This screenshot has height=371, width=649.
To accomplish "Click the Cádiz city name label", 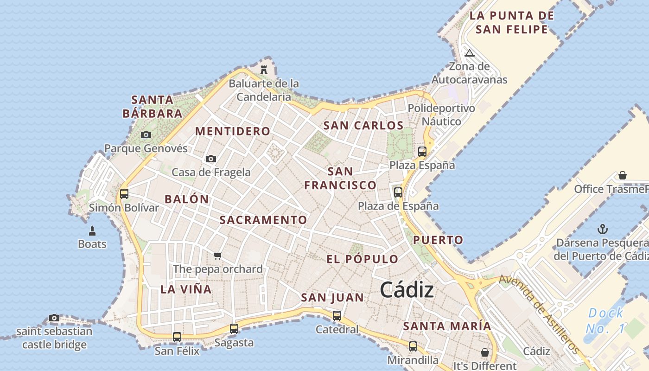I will click(x=407, y=290).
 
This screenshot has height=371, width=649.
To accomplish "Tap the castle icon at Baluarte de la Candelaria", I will click(x=264, y=70).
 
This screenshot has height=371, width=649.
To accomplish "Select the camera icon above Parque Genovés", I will click(x=146, y=135).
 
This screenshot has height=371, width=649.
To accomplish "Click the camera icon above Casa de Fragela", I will click(x=211, y=159).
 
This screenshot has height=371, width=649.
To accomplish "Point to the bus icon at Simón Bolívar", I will click(x=124, y=194).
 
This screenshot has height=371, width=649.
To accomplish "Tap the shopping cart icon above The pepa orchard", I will click(x=218, y=256).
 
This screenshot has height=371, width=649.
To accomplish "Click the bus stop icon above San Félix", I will click(x=177, y=337).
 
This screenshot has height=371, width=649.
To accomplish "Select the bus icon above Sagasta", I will click(x=234, y=329).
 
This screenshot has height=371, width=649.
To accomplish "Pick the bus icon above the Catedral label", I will click(x=337, y=316).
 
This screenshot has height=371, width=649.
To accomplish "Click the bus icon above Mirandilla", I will click(x=413, y=346).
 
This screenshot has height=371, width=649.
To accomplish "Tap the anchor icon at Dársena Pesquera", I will click(x=602, y=229).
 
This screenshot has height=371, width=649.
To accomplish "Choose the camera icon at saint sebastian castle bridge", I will click(x=54, y=318).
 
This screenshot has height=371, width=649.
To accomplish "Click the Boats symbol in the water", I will click(x=92, y=230).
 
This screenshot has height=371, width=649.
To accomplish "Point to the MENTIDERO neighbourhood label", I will click(x=233, y=131).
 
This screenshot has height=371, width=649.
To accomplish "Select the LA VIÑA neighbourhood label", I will click(x=186, y=289).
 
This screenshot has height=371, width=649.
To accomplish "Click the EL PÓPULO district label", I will click(x=363, y=259).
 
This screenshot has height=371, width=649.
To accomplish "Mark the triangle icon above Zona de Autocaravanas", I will click(x=470, y=53).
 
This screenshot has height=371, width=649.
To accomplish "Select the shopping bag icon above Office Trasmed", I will click(x=623, y=175).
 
